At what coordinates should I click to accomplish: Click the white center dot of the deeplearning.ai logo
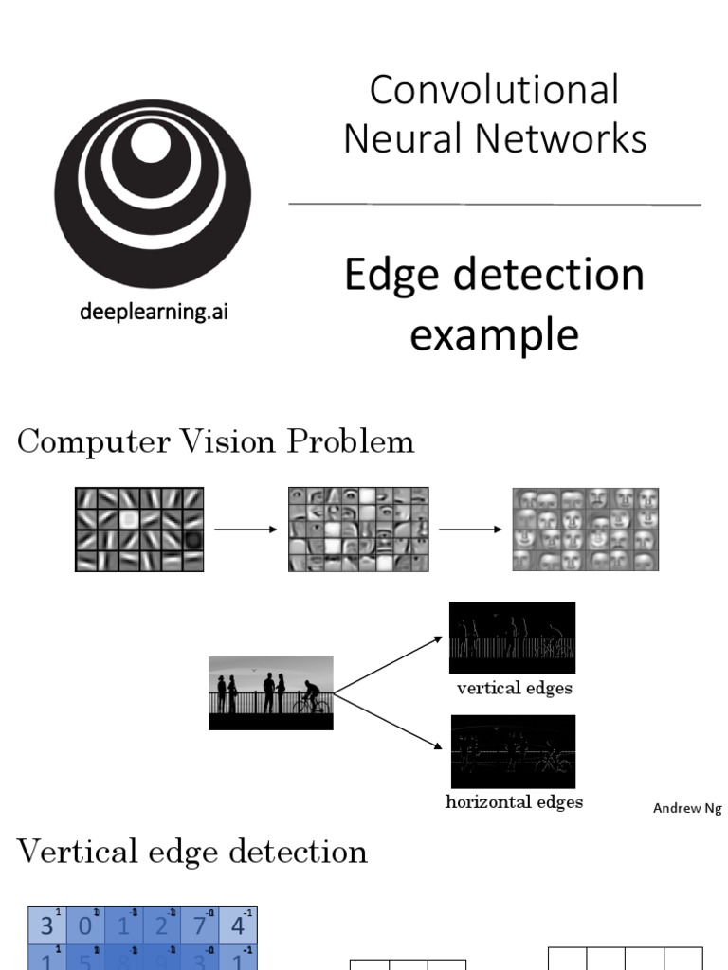coord(150,142)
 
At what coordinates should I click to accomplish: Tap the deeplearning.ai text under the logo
coord(153,312)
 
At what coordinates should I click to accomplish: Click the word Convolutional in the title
coord(494,90)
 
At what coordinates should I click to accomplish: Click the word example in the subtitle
coord(494,334)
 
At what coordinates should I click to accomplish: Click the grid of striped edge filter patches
coord(139,530)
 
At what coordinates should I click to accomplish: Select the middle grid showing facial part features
coord(358,530)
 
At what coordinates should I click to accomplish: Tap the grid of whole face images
coord(585,530)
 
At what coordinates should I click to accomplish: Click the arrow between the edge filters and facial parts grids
coord(246,530)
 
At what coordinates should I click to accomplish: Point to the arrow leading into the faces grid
coord(470,530)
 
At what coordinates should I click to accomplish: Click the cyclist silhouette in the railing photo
coord(312,699)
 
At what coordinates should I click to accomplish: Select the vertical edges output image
coord(512,637)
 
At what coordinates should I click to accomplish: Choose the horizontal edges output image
coord(512,751)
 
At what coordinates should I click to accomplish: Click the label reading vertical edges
coord(514,689)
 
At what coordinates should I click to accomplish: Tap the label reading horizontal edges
coord(514,802)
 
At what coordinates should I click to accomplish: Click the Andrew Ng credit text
coord(687,808)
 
